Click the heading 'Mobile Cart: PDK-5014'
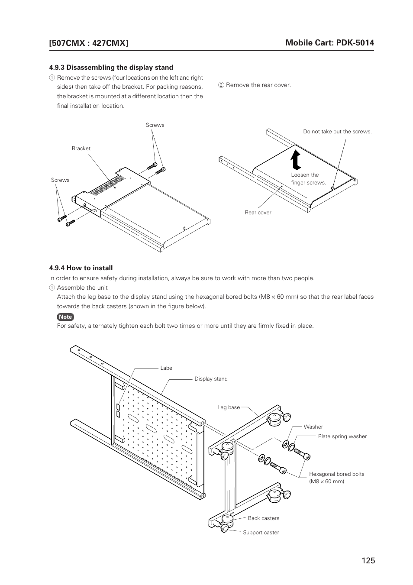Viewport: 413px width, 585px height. pos(329,42)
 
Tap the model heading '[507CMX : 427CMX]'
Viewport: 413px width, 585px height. pos(89,43)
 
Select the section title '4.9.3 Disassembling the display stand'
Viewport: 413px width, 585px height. pos(111,68)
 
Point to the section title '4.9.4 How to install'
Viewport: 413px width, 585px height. pos(81,268)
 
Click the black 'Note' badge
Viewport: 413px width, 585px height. pos(65,317)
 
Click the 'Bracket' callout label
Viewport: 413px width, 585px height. pos(81,149)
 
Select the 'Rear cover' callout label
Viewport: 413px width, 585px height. pos(258,213)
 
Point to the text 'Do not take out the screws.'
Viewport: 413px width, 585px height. pos(337,132)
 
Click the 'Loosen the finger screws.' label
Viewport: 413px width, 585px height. pos(308,179)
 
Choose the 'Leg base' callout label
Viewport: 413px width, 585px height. pos(229,407)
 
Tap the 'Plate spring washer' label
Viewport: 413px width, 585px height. pos(342,436)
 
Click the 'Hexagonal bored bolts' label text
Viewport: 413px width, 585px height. pos(336,474)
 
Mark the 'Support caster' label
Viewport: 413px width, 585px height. pos(261,533)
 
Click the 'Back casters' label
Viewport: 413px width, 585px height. pos(263,518)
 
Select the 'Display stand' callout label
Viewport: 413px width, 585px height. pos(211,379)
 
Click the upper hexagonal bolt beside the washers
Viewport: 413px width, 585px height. pos(302,454)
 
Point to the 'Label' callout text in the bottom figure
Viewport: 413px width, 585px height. pos(167,368)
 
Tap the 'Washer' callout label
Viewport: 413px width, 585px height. pos(313,427)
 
